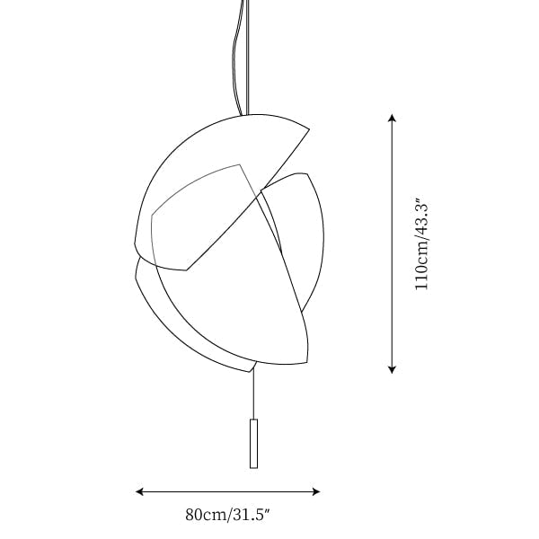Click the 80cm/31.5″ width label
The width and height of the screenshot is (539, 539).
227,515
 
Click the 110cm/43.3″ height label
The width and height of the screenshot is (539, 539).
422,244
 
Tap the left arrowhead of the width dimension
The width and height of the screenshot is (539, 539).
139,491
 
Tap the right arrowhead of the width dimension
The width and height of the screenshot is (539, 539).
316,491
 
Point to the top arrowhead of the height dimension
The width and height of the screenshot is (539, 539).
392,118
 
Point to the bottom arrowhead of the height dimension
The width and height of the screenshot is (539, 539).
392,369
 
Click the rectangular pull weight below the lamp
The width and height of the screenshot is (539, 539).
253,444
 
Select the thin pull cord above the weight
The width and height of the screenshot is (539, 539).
253,394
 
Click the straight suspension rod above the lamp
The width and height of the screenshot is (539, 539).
247,57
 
